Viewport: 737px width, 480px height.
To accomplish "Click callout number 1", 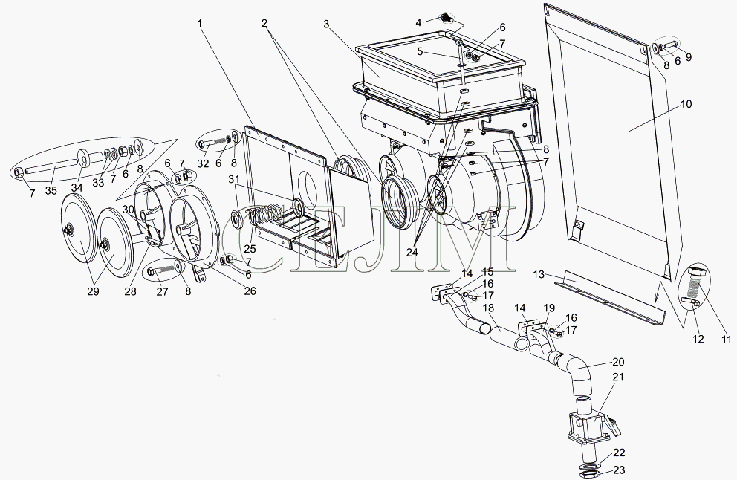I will (x=199, y=23).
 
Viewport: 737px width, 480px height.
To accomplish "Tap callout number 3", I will (x=326, y=23).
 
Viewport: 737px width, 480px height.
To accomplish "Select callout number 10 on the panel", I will (x=686, y=104).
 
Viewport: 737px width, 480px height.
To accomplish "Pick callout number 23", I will (x=618, y=469).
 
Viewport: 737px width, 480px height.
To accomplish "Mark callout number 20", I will (x=618, y=362).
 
